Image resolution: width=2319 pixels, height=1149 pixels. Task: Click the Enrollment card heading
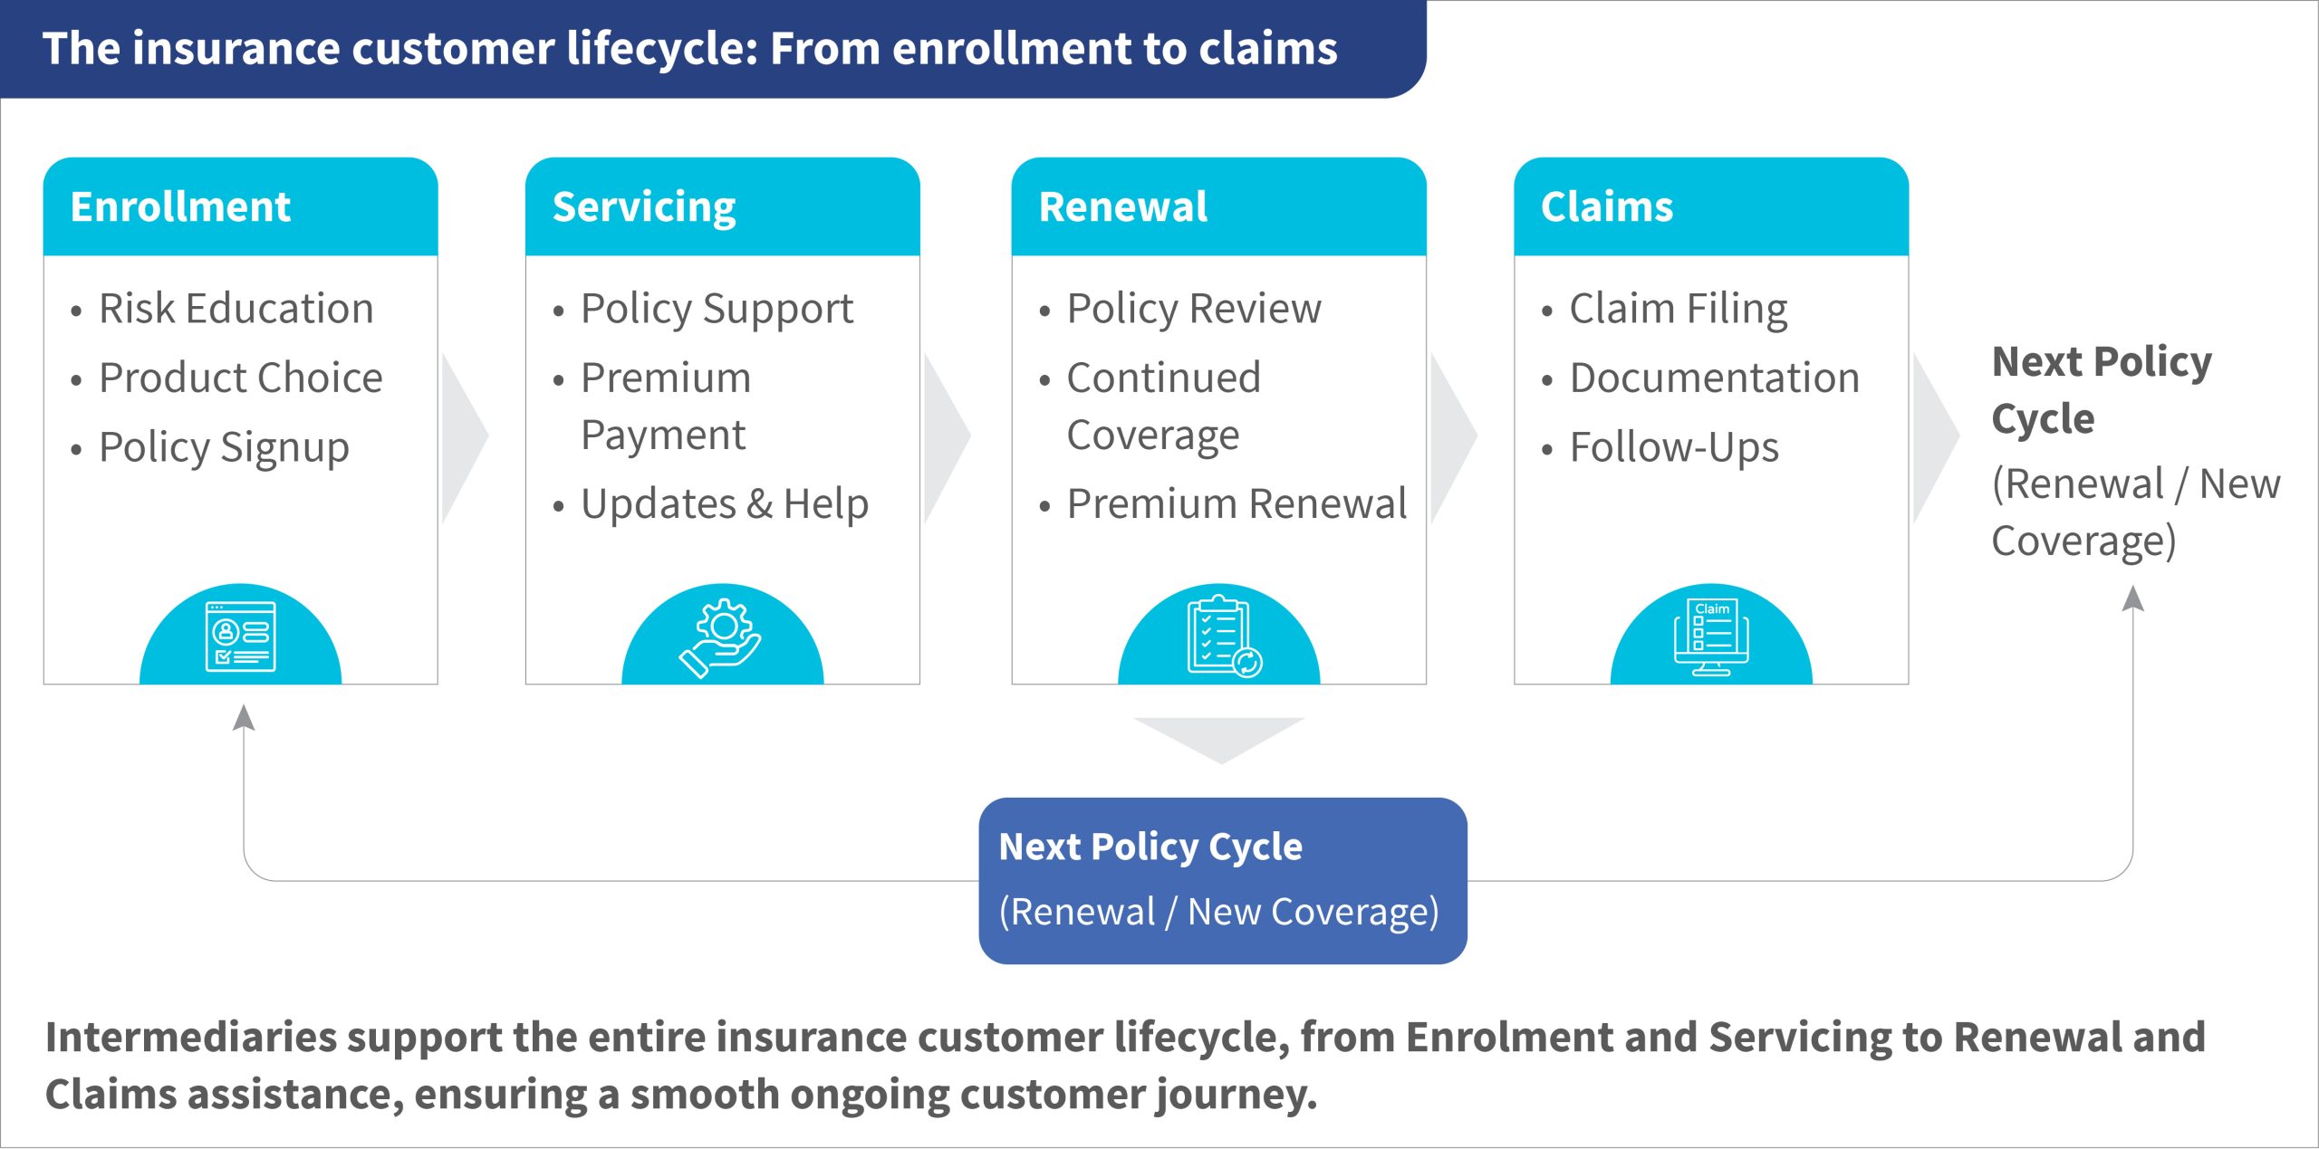(180, 207)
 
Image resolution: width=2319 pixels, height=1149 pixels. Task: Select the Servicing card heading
(644, 208)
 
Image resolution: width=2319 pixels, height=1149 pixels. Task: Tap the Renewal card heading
(1123, 207)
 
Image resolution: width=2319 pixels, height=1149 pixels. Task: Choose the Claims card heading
(1607, 207)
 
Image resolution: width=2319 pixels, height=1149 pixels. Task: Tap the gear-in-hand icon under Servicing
(721, 637)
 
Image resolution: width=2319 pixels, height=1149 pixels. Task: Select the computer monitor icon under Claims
(1711, 637)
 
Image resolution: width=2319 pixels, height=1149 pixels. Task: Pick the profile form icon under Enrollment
(241, 637)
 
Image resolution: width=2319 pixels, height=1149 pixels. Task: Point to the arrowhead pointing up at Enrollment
(243, 717)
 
